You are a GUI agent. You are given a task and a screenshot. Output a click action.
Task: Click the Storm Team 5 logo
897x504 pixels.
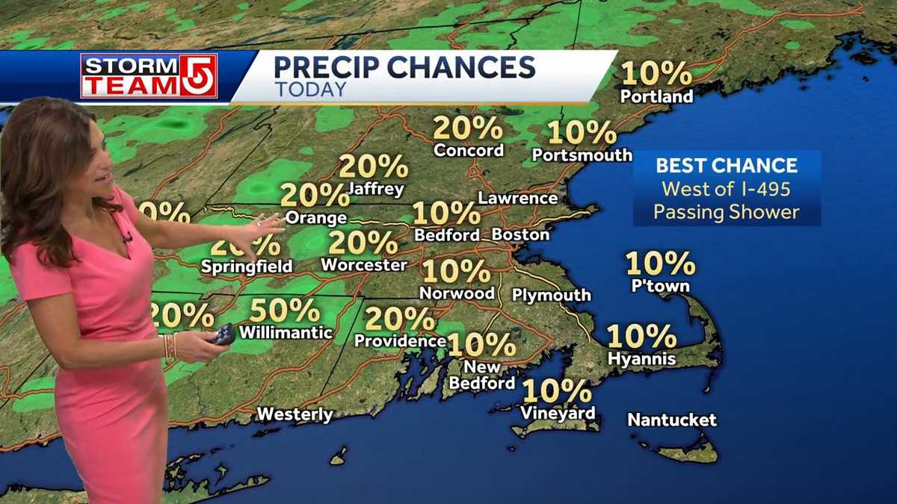[x=149, y=75]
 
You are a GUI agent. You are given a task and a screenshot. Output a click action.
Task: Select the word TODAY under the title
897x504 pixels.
[x=310, y=90]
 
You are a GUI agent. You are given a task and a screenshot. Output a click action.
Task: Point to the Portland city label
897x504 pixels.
[x=656, y=96]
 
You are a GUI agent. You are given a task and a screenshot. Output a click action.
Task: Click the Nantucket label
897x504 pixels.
[x=671, y=420]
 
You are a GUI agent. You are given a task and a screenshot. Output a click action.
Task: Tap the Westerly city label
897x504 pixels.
[x=295, y=414]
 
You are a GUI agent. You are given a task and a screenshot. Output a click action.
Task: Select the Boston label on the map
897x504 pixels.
[x=520, y=234]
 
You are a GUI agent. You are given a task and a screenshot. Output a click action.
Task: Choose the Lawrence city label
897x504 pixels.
[x=517, y=199]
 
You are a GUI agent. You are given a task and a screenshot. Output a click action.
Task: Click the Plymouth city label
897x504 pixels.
[x=551, y=295]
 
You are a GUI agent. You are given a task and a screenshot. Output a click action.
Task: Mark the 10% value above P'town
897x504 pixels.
[x=660, y=264]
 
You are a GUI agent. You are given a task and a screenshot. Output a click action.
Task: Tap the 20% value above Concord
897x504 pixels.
[x=468, y=128]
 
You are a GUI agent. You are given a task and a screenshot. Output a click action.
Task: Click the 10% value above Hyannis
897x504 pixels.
[x=641, y=336]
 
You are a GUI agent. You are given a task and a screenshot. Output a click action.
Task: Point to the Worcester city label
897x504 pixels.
[x=363, y=264]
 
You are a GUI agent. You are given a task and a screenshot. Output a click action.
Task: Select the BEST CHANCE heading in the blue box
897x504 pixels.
[x=727, y=166]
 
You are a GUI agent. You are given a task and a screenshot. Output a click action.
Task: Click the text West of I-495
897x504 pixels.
[x=727, y=189]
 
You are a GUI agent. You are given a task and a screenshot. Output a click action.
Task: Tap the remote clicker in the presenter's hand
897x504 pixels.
[x=224, y=335]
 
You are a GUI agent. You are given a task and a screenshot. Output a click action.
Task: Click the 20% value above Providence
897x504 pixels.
[x=400, y=319]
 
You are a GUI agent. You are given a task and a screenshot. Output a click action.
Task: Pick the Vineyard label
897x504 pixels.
[x=558, y=413]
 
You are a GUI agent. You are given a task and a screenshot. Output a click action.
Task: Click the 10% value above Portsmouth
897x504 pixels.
[x=582, y=133]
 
